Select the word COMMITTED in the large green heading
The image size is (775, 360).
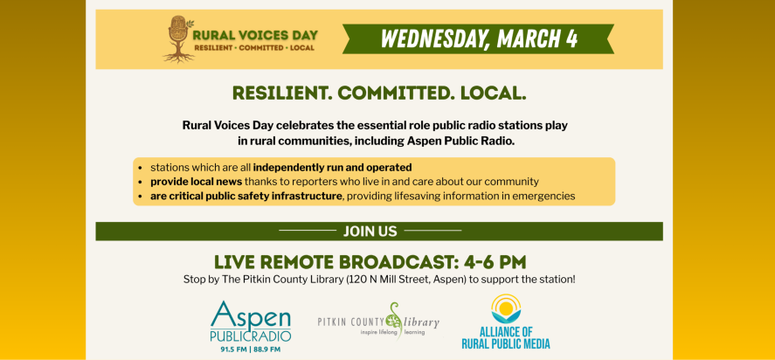click(x=394, y=93)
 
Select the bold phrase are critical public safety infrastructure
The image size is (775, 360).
click(x=246, y=196)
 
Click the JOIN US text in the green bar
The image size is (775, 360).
click(x=370, y=232)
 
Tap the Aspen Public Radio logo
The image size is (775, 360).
click(x=246, y=322)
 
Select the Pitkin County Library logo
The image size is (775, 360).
click(x=378, y=322)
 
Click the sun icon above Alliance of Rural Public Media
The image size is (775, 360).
click(x=505, y=308)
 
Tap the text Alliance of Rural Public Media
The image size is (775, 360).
click(x=506, y=337)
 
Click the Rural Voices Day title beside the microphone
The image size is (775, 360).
click(x=254, y=36)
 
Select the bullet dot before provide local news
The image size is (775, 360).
click(x=142, y=182)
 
